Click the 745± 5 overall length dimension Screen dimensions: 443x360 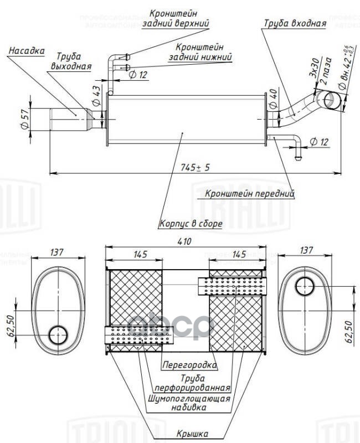tap(194, 168)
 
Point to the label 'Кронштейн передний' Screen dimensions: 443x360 tap(249, 194)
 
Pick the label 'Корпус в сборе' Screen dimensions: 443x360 tap(191, 224)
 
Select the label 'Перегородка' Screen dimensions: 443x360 tap(189, 365)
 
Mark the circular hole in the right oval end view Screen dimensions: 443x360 tap(304, 287)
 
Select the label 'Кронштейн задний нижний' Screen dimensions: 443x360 tap(200, 52)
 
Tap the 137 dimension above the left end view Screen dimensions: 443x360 tap(57, 253)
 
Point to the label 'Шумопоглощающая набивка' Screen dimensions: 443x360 tap(189, 403)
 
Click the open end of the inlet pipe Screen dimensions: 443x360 tap(331, 99)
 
